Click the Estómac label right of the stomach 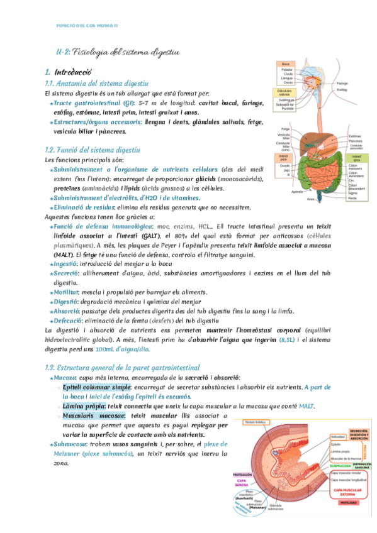coord(355,136)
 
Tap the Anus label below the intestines coord(310,199)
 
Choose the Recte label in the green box coord(353,198)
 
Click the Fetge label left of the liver coord(285,129)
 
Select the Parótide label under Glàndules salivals coord(288,108)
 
